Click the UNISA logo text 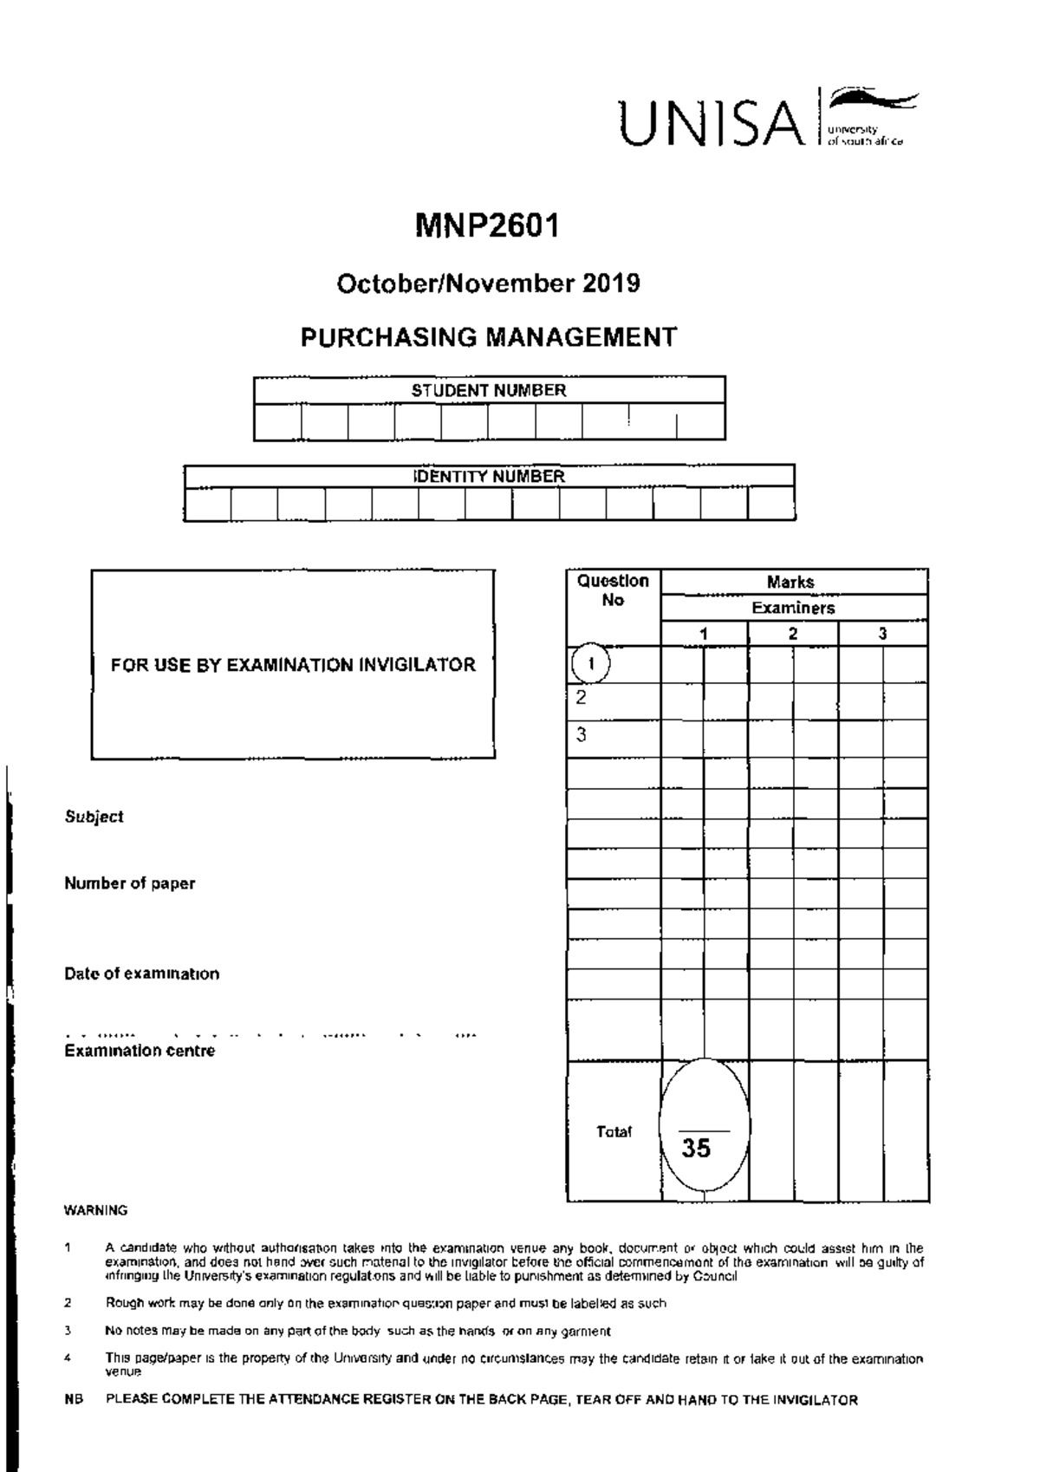coord(710,123)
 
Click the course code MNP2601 coord(487,226)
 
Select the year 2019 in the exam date coord(611,283)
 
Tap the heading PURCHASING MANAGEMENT coord(488,337)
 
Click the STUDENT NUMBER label coord(489,390)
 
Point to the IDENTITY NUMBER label coord(490,476)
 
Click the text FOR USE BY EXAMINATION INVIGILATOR coord(293,665)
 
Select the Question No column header coord(613,590)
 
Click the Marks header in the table coord(790,582)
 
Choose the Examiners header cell coord(793,608)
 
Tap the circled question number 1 coord(591,664)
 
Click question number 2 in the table coord(582,698)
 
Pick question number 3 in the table coord(582,735)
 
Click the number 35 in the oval coord(696,1149)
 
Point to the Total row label coord(614,1131)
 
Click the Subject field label coord(94,817)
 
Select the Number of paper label coord(129,883)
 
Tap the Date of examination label coord(141,974)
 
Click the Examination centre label coord(140,1051)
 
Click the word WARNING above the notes coord(95,1210)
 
